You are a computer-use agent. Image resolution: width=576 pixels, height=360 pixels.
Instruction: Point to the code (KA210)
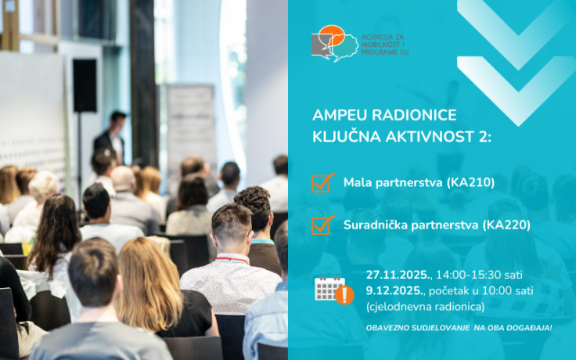(x=470, y=182)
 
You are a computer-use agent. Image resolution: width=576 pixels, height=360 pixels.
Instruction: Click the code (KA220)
(x=505, y=225)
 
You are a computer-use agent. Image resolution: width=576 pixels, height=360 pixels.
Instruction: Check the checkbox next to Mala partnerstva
(x=322, y=182)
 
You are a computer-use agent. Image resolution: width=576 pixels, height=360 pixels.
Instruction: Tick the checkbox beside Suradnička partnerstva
(x=322, y=225)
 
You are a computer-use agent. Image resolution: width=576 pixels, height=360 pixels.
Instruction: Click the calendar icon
(x=329, y=288)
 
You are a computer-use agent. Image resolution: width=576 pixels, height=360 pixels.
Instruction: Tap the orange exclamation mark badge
(x=344, y=295)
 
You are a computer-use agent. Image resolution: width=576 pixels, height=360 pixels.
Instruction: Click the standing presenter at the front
(x=111, y=135)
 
